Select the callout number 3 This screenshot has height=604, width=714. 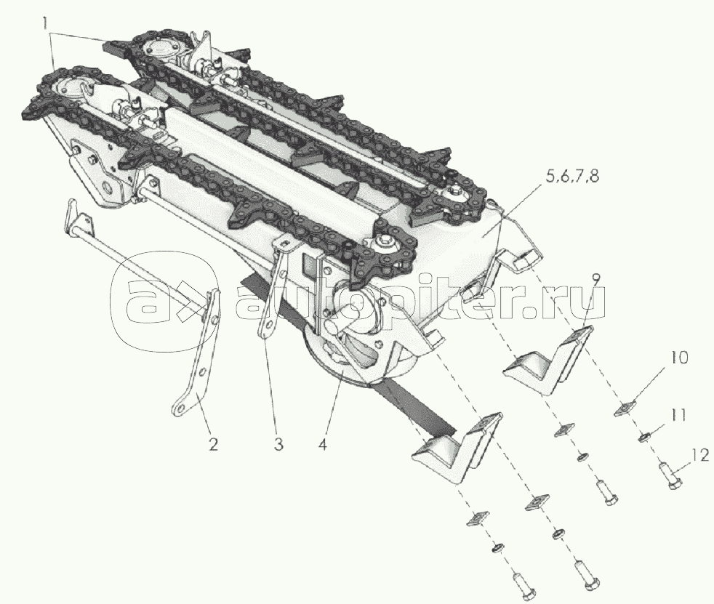[278, 444]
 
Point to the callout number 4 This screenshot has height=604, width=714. [322, 444]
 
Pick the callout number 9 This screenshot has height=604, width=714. [596, 278]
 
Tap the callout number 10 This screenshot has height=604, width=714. [678, 358]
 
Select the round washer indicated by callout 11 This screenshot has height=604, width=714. [643, 438]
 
